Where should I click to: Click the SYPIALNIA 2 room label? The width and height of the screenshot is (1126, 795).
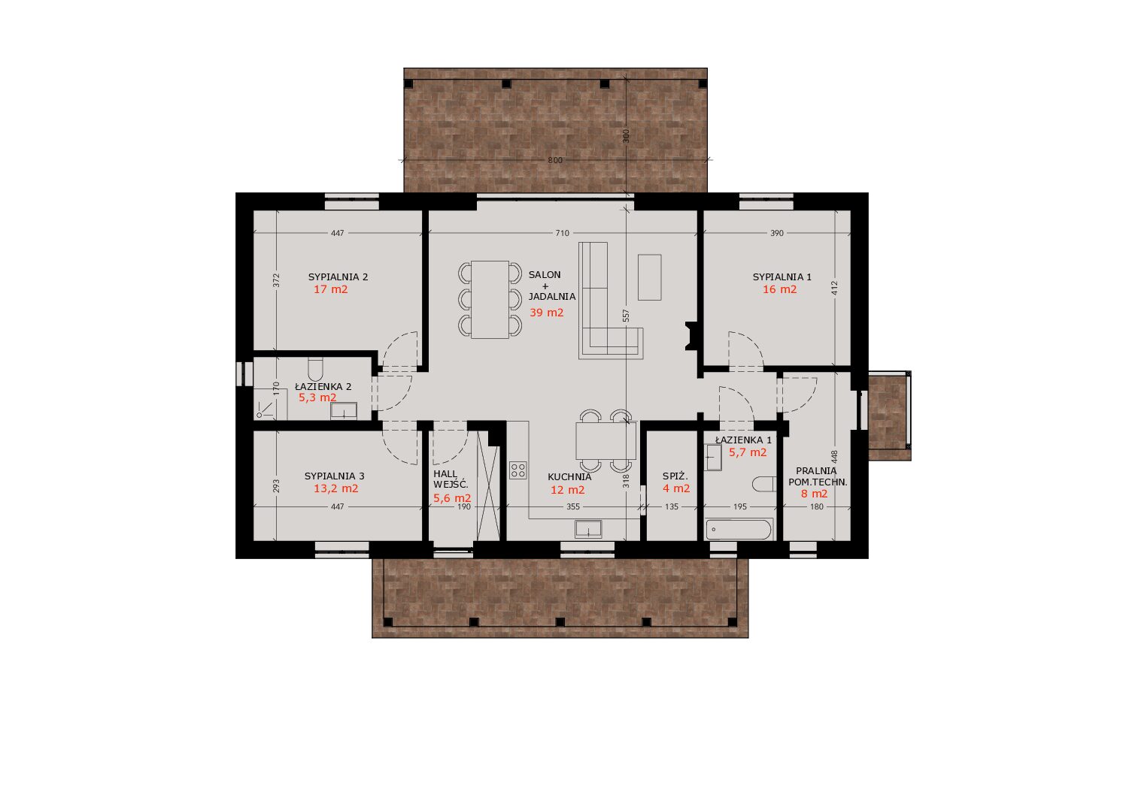click(x=338, y=277)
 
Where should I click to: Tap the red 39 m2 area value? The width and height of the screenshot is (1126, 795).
click(x=546, y=313)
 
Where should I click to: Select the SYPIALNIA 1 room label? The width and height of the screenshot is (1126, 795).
click(x=782, y=277)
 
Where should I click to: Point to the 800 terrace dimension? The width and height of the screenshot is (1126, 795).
click(x=555, y=160)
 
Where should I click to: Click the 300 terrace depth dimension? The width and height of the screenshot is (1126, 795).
click(x=626, y=136)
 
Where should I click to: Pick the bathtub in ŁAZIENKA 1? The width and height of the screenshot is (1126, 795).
click(x=739, y=530)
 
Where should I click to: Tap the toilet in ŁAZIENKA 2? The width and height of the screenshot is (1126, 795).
click(x=315, y=369)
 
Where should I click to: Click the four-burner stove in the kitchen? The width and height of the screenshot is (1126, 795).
click(x=517, y=470)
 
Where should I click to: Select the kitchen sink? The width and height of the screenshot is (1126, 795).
click(x=588, y=529)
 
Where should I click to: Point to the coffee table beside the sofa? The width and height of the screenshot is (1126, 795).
click(x=649, y=277)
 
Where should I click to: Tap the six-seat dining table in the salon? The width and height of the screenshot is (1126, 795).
click(x=490, y=300)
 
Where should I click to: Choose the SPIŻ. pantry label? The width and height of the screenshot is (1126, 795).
click(x=675, y=476)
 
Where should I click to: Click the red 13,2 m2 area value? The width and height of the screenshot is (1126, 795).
click(x=335, y=488)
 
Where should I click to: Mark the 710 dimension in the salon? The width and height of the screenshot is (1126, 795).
click(x=563, y=233)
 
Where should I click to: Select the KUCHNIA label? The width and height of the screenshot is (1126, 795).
click(x=569, y=476)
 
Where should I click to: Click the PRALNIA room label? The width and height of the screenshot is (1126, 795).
click(x=816, y=470)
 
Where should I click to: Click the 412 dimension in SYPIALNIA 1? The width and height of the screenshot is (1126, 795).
click(x=834, y=288)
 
